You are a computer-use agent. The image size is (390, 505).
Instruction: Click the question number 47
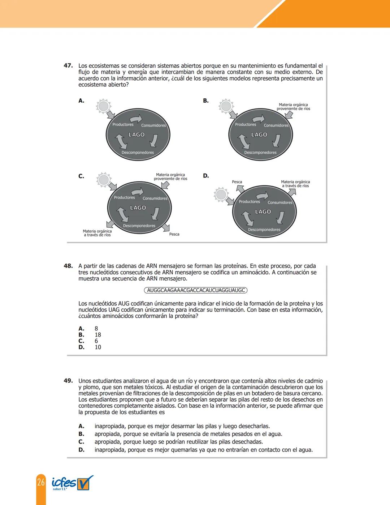(x=68, y=66)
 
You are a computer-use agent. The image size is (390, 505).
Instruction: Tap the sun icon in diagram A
(x=103, y=106)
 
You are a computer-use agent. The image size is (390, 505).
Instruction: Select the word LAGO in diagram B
(x=259, y=134)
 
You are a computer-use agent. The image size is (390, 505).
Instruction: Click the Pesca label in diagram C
(x=174, y=234)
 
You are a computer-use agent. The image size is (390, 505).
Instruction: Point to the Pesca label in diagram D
(x=237, y=182)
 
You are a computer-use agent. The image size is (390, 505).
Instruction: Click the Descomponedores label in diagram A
(x=138, y=153)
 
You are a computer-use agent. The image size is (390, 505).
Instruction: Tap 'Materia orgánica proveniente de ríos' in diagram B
(x=293, y=107)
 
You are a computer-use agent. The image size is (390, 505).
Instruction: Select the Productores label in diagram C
(x=124, y=197)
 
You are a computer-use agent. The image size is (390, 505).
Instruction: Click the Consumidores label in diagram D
(x=280, y=202)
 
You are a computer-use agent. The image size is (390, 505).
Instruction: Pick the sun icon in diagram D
(x=221, y=195)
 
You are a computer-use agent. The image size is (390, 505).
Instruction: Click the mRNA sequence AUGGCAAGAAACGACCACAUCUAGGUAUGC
(x=196, y=290)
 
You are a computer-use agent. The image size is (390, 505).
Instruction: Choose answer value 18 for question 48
(x=98, y=335)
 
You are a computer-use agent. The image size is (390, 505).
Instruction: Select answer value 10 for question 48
(x=98, y=347)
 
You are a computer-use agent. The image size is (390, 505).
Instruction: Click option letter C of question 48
(x=81, y=341)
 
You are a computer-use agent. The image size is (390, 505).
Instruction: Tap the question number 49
(x=68, y=381)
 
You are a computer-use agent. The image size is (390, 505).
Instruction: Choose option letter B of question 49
(x=81, y=434)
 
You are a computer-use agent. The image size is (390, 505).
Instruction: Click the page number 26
(x=41, y=482)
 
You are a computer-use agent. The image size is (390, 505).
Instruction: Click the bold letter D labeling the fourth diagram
(x=206, y=176)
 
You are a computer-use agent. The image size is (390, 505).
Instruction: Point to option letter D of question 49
(x=81, y=450)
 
